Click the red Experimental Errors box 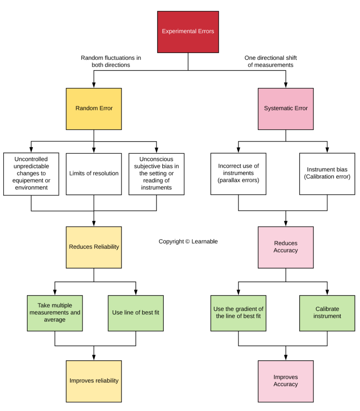pyautogui.click(x=188, y=32)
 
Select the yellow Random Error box pyautogui.click(x=94, y=109)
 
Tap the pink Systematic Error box pyautogui.click(x=286, y=109)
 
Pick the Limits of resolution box pyautogui.click(x=94, y=174)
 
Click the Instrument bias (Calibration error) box pyautogui.click(x=327, y=174)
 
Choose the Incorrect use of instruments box pyautogui.click(x=238, y=174)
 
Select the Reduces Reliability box pyautogui.click(x=94, y=247)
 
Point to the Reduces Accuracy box pyautogui.click(x=286, y=247)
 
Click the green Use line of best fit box pyautogui.click(x=136, y=313)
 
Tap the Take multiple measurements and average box pyautogui.click(x=55, y=313)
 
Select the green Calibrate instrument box pyautogui.click(x=327, y=313)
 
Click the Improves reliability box pyautogui.click(x=94, y=381)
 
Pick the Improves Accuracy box pyautogui.click(x=286, y=381)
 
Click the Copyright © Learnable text pyautogui.click(x=188, y=242)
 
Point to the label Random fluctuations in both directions pyautogui.click(x=111, y=61)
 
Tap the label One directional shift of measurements pyautogui.click(x=271, y=61)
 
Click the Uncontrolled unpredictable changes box pyautogui.click(x=31, y=174)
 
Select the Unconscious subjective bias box pyautogui.click(x=157, y=174)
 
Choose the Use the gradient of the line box pyautogui.click(x=238, y=313)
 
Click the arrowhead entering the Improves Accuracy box pyautogui.click(x=286, y=358)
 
